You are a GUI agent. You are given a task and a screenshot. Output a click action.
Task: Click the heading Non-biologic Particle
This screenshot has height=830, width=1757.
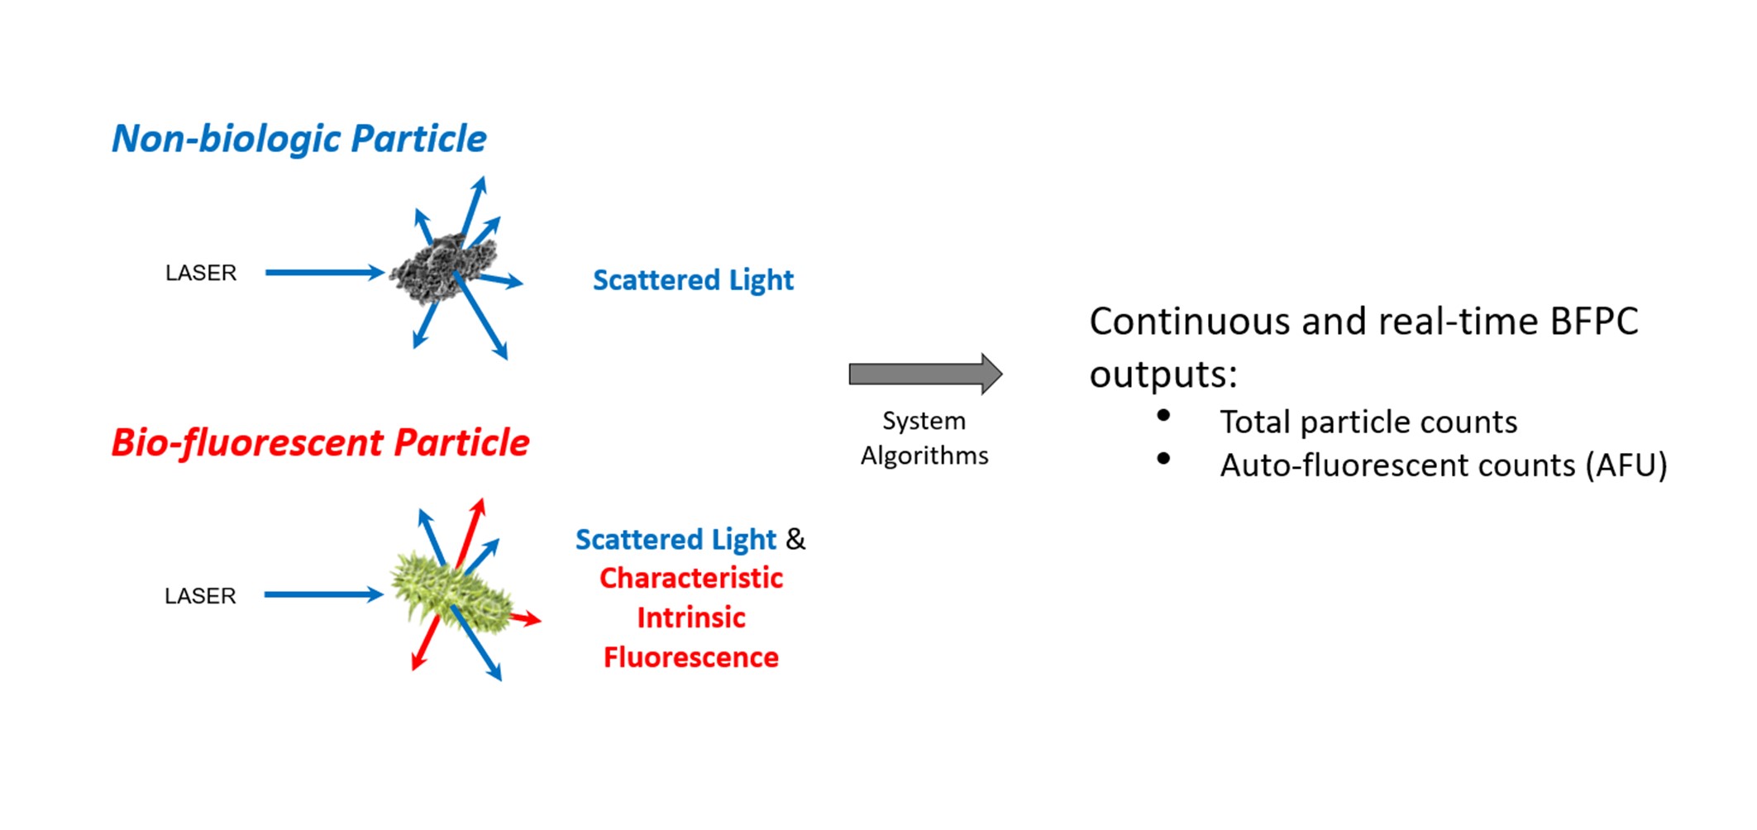tap(298, 139)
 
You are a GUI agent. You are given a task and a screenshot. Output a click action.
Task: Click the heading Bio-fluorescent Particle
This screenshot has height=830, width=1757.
tap(320, 443)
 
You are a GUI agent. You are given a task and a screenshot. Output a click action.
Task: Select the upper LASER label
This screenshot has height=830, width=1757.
tap(201, 273)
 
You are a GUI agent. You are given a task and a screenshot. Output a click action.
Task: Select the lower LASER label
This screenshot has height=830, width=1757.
tap(200, 596)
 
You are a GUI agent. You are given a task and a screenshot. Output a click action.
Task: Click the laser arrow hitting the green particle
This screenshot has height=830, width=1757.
tap(322, 594)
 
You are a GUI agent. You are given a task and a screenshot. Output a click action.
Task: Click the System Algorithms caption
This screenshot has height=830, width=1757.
tap(924, 438)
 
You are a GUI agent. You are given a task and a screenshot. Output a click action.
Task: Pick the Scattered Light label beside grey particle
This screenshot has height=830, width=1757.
tap(693, 280)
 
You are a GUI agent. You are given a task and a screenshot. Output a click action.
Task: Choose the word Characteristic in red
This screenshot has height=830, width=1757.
tap(691, 578)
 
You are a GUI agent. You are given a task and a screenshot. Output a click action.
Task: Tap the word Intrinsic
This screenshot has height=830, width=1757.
tap(691, 618)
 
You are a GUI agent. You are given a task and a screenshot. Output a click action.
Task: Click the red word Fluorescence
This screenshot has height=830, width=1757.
tap(691, 657)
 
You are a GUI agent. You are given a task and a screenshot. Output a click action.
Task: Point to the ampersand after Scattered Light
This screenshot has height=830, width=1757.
tap(795, 539)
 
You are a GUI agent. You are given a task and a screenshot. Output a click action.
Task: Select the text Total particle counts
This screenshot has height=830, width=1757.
tap(1368, 422)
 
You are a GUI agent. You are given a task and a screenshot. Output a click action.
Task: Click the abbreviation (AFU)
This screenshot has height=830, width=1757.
tap(1626, 465)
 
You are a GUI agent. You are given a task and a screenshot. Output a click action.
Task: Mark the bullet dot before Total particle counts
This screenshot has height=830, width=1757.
tap(1163, 416)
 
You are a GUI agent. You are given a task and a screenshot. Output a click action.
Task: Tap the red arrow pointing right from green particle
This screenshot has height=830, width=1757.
tap(526, 618)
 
